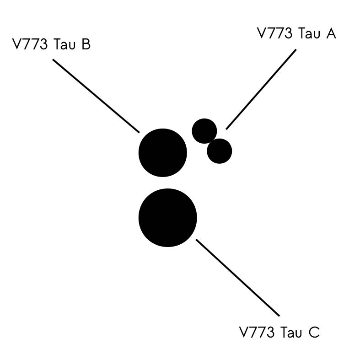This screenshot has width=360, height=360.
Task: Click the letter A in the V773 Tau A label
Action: click(x=330, y=33)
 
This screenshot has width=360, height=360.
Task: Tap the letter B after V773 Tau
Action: click(x=86, y=44)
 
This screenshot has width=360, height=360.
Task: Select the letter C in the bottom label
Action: click(x=314, y=332)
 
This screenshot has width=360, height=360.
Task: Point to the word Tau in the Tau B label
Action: click(x=64, y=44)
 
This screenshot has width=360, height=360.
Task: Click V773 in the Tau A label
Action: click(x=274, y=33)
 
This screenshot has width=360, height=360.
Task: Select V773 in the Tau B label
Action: click(x=30, y=44)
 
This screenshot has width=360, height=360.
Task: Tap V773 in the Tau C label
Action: click(x=257, y=332)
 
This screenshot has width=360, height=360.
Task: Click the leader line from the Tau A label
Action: click(x=261, y=89)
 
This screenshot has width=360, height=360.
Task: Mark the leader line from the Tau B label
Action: click(x=96, y=96)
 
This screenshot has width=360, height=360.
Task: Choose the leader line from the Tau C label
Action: click(x=237, y=278)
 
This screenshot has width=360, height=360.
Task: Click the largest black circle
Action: click(x=167, y=218)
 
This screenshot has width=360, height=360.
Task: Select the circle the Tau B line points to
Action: click(x=162, y=153)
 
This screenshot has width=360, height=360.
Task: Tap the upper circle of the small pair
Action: click(x=204, y=131)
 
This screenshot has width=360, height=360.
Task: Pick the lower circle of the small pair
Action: click(x=219, y=151)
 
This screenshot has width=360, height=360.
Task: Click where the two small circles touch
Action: click(x=212, y=141)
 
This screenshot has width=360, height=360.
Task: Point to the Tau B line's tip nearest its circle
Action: click(x=139, y=133)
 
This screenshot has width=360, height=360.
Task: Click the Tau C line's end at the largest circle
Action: click(x=196, y=240)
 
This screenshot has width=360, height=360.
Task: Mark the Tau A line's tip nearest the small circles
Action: click(x=226, y=129)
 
